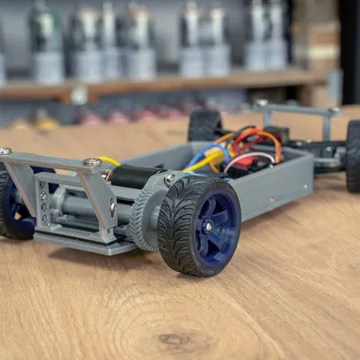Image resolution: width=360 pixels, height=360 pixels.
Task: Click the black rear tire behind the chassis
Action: pyautogui.click(x=203, y=125)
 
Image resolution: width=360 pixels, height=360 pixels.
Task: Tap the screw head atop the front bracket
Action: pyautogui.click(x=92, y=162)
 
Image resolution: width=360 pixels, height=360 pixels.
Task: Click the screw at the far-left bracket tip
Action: pyautogui.click(x=5, y=151)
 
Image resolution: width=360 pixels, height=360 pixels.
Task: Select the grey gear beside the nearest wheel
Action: pyautogui.click(x=144, y=214)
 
